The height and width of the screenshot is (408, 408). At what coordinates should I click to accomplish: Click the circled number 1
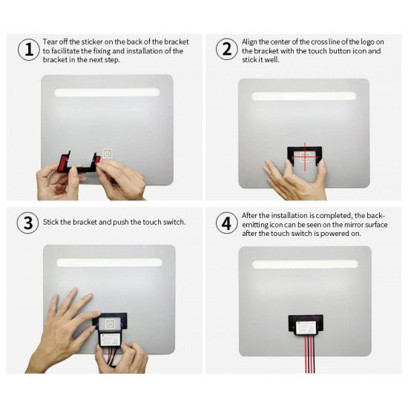pyautogui.click(x=27, y=50)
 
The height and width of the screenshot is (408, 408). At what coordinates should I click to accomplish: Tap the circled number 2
pyautogui.click(x=226, y=50)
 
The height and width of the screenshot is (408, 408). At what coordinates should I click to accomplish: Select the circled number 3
pyautogui.click(x=27, y=223)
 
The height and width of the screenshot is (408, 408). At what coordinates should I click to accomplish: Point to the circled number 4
pyautogui.click(x=226, y=223)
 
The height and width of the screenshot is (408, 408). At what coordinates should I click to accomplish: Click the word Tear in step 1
pyautogui.click(x=50, y=42)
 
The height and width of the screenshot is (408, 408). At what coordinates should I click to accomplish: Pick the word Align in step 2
pyautogui.click(x=251, y=42)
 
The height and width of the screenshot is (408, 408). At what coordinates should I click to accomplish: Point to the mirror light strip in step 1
pyautogui.click(x=108, y=93)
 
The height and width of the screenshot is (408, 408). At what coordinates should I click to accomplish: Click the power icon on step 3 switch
pyautogui.click(x=110, y=323)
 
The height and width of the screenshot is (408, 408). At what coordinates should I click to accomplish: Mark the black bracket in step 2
pyautogui.click(x=304, y=154)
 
